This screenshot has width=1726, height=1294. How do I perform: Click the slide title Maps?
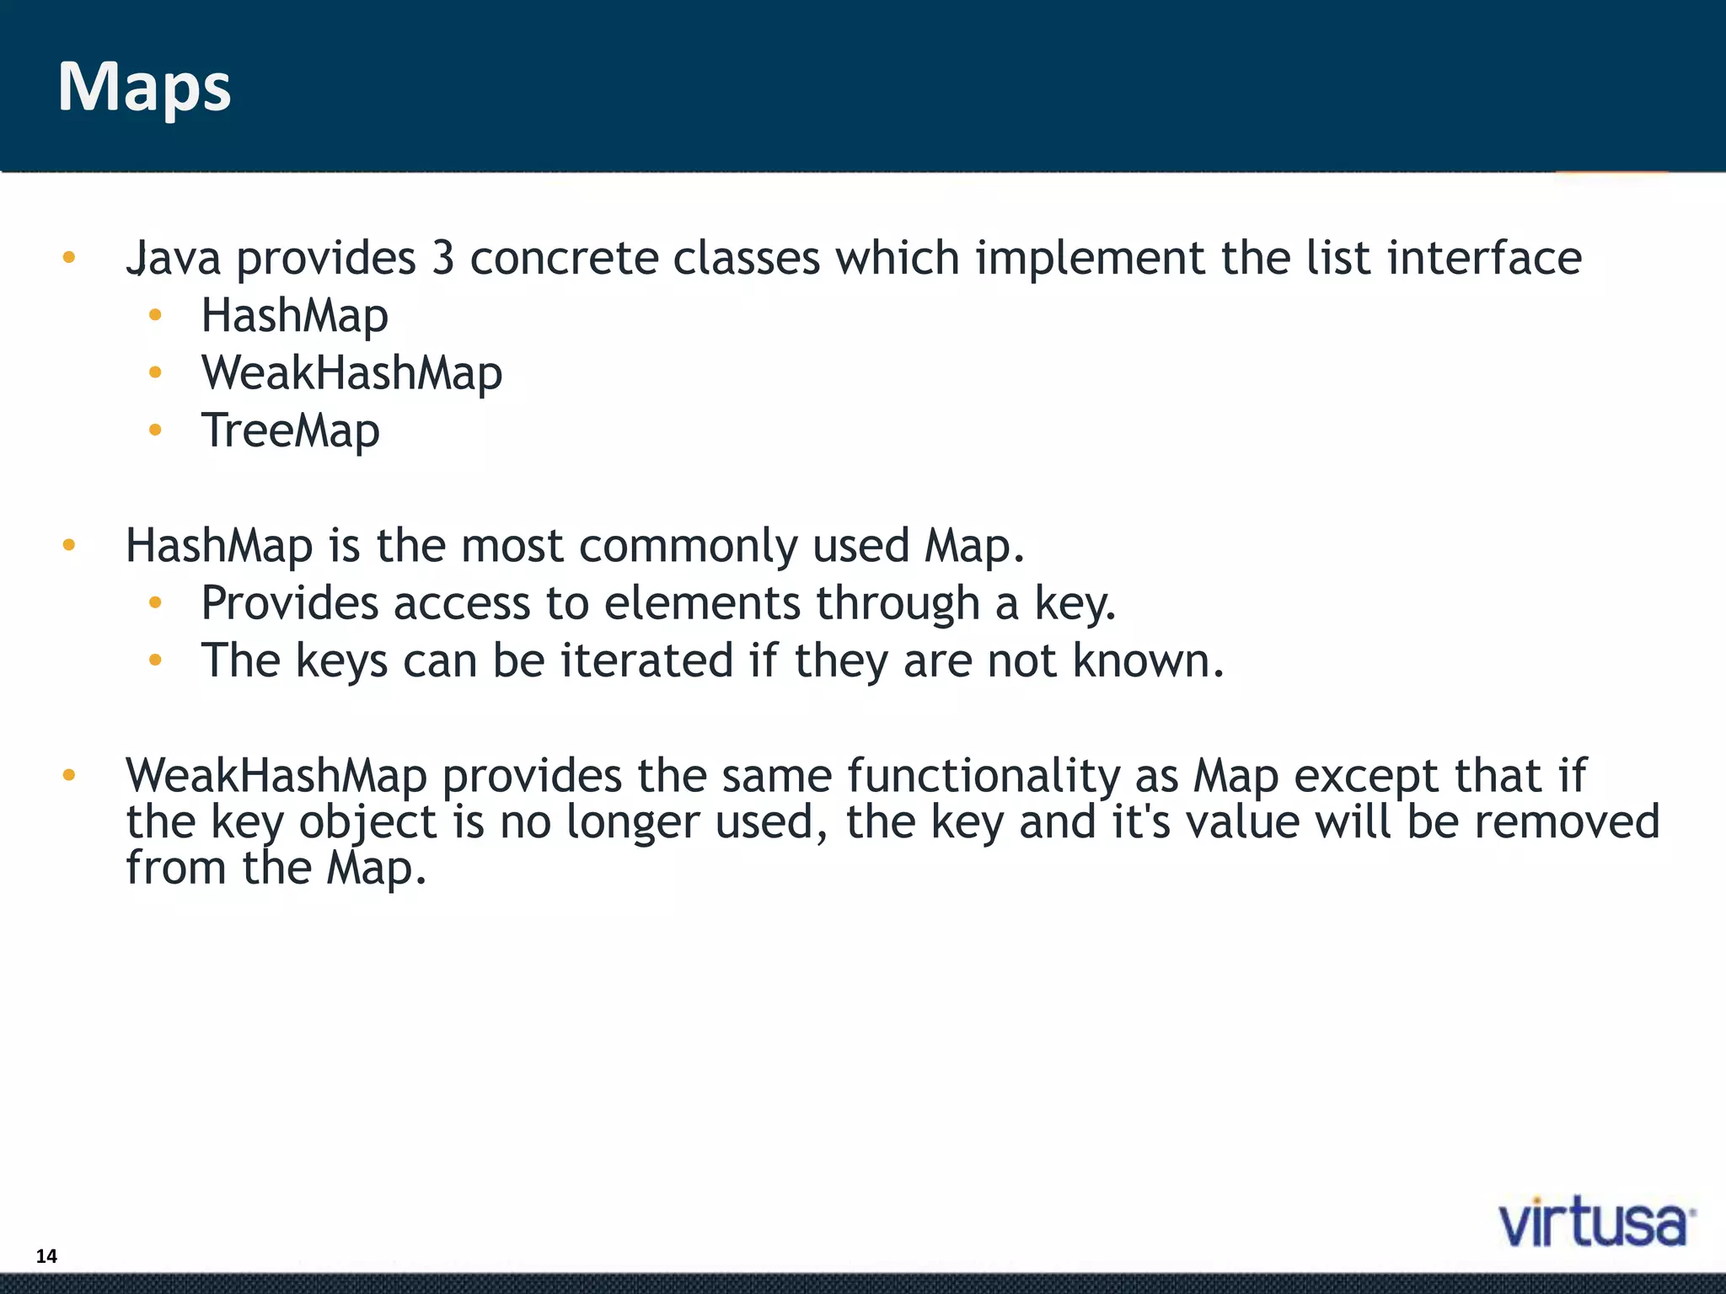(x=144, y=88)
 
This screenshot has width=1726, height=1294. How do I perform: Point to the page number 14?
(x=46, y=1256)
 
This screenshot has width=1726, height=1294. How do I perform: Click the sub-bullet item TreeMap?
(x=290, y=431)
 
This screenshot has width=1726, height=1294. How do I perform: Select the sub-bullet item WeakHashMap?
(x=351, y=373)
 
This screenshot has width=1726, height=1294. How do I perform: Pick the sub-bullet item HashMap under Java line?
(x=294, y=316)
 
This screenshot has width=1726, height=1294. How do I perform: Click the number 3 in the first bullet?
(x=443, y=258)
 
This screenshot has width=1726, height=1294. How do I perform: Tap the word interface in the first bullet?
(x=1484, y=258)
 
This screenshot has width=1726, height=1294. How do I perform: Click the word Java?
(x=174, y=258)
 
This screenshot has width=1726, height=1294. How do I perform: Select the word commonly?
(x=687, y=546)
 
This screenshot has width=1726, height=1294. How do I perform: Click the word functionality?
(x=983, y=776)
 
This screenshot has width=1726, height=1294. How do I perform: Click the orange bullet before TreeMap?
(x=154, y=430)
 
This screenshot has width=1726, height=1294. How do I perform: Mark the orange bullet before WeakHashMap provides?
(x=69, y=775)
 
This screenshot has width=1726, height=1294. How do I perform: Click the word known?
(x=1147, y=660)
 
